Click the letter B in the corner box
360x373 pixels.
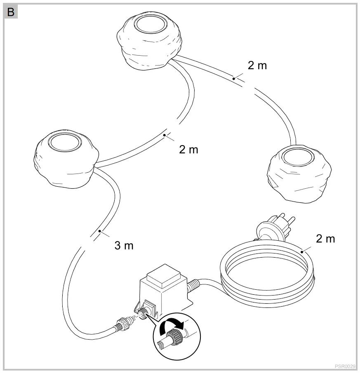[x=10, y=12]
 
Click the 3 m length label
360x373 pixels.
[x=124, y=246]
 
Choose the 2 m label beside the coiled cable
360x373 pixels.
[x=325, y=239]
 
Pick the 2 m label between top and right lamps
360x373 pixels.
[x=257, y=65]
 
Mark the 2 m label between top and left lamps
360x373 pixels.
[x=188, y=150]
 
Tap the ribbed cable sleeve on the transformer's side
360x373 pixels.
[x=192, y=286]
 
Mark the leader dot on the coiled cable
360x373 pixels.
[x=302, y=250]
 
